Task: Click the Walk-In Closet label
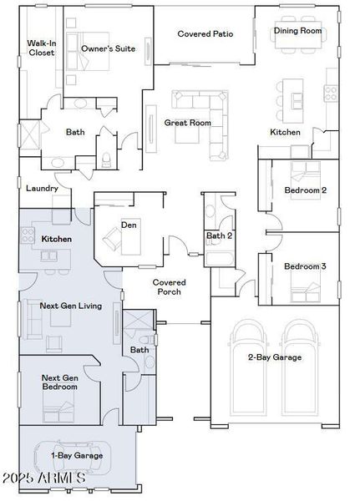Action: point(41,47)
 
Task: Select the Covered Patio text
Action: point(205,34)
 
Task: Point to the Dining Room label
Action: point(298,31)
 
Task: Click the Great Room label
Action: point(187,123)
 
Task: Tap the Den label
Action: point(129,225)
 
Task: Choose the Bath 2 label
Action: point(219,236)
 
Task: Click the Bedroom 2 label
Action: point(305,190)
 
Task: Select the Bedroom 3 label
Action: point(305,266)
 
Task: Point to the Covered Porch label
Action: point(169,287)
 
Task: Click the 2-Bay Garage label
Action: point(274,357)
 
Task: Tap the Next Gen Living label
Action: point(71,306)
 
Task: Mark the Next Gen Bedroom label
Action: point(60,383)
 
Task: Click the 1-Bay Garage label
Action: point(77,456)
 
